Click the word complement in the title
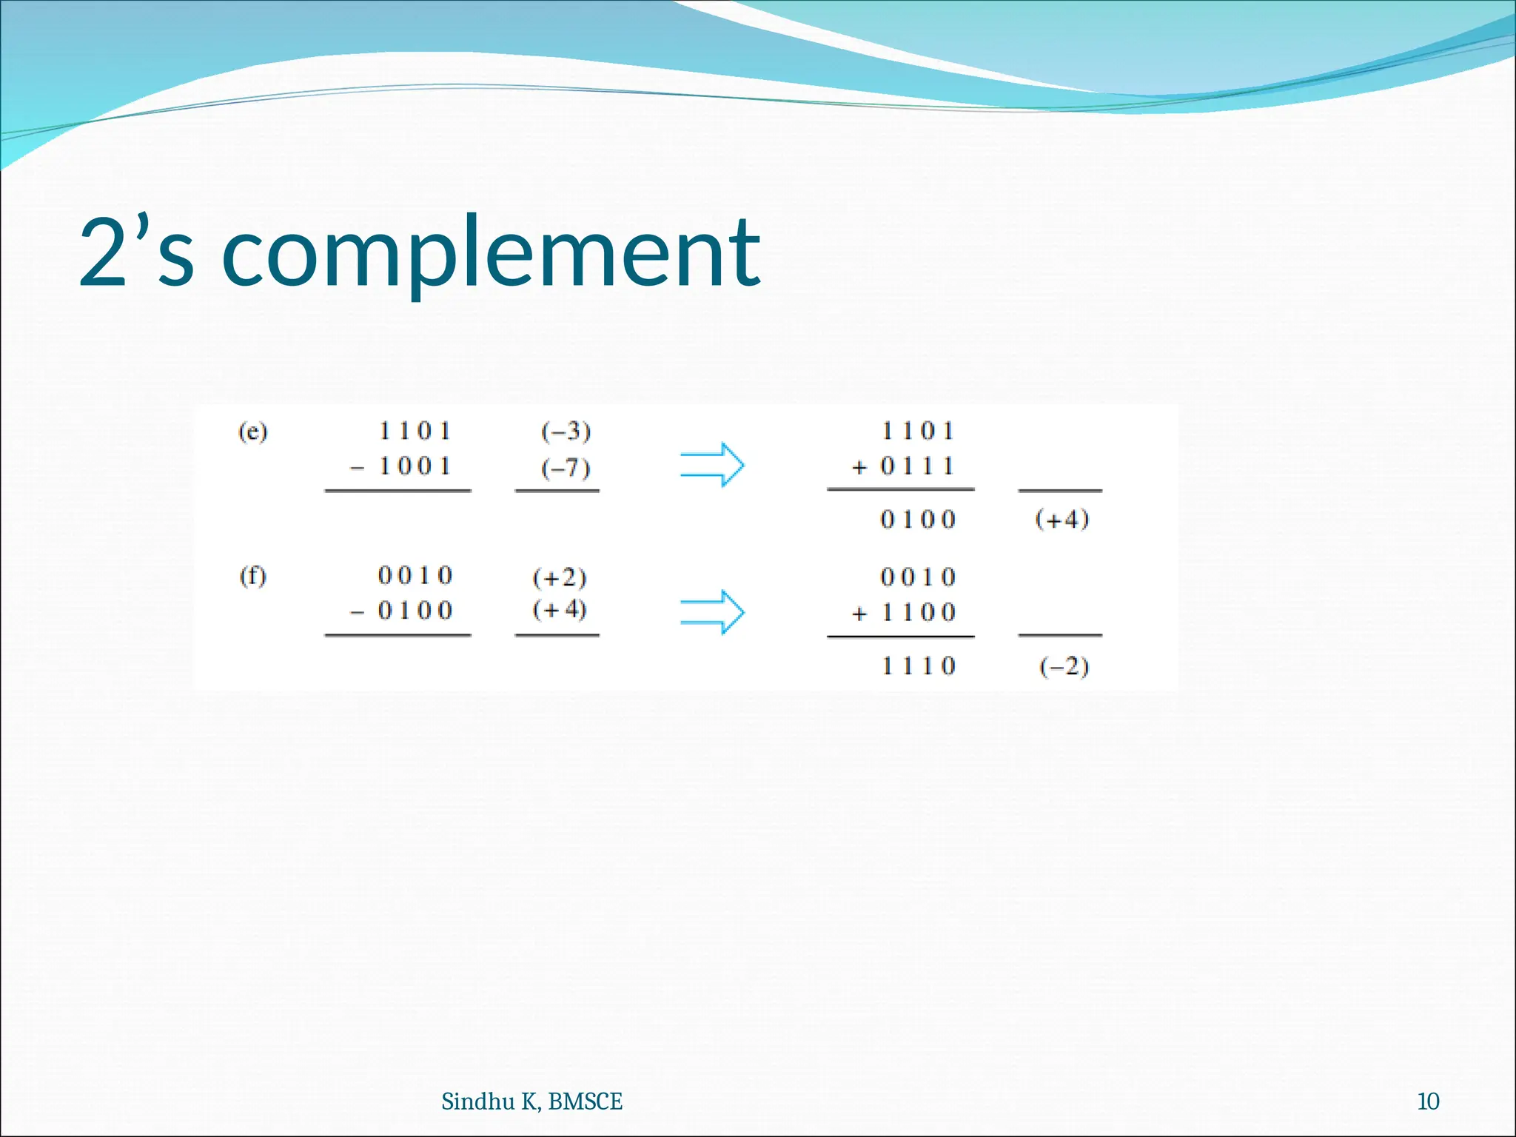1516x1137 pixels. [x=491, y=253]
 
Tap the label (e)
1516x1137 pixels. [x=252, y=431]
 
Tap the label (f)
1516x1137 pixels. [x=252, y=576]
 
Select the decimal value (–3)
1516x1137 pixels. [x=566, y=431]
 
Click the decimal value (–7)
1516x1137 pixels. [x=566, y=468]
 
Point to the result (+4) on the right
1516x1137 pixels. [x=1062, y=519]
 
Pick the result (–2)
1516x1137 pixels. [x=1064, y=667]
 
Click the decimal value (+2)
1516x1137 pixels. [x=560, y=577]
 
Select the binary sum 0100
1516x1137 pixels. [x=918, y=520]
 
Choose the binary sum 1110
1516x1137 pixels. [x=918, y=666]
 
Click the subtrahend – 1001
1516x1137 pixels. [x=400, y=466]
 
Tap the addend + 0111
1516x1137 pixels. [x=903, y=466]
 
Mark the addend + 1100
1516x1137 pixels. [x=904, y=613]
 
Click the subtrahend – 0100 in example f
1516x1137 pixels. [x=400, y=611]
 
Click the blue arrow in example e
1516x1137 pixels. [x=712, y=466]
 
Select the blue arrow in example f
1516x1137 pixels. [x=712, y=612]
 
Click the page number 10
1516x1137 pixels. [x=1428, y=1101]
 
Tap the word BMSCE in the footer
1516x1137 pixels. [x=586, y=1101]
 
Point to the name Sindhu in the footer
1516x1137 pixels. [x=477, y=1101]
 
